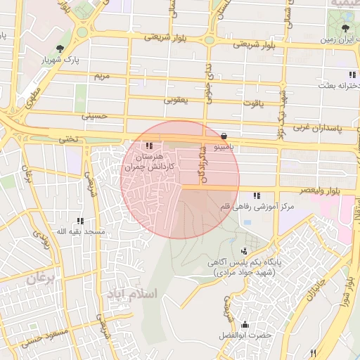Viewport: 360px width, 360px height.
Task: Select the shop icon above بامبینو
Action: (x=224, y=135)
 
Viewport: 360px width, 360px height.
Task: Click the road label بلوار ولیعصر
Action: (x=335, y=191)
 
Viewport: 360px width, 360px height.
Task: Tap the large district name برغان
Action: (x=41, y=279)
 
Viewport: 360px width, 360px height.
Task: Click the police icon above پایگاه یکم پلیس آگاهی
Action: (x=244, y=251)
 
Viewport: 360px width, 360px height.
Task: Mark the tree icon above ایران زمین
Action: (x=345, y=28)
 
